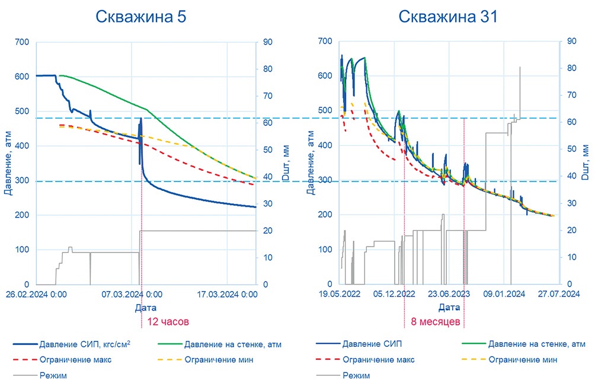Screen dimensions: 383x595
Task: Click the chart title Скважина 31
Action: click(447, 16)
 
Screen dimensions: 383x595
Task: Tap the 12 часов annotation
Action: click(168, 322)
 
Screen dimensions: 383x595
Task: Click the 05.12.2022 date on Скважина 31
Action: click(395, 294)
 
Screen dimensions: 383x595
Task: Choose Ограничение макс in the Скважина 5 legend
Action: click(76, 359)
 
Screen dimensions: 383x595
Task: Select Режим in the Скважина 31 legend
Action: click(357, 375)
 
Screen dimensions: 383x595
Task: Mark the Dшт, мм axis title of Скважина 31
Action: click(586, 162)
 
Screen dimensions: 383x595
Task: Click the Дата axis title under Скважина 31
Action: click(449, 308)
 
